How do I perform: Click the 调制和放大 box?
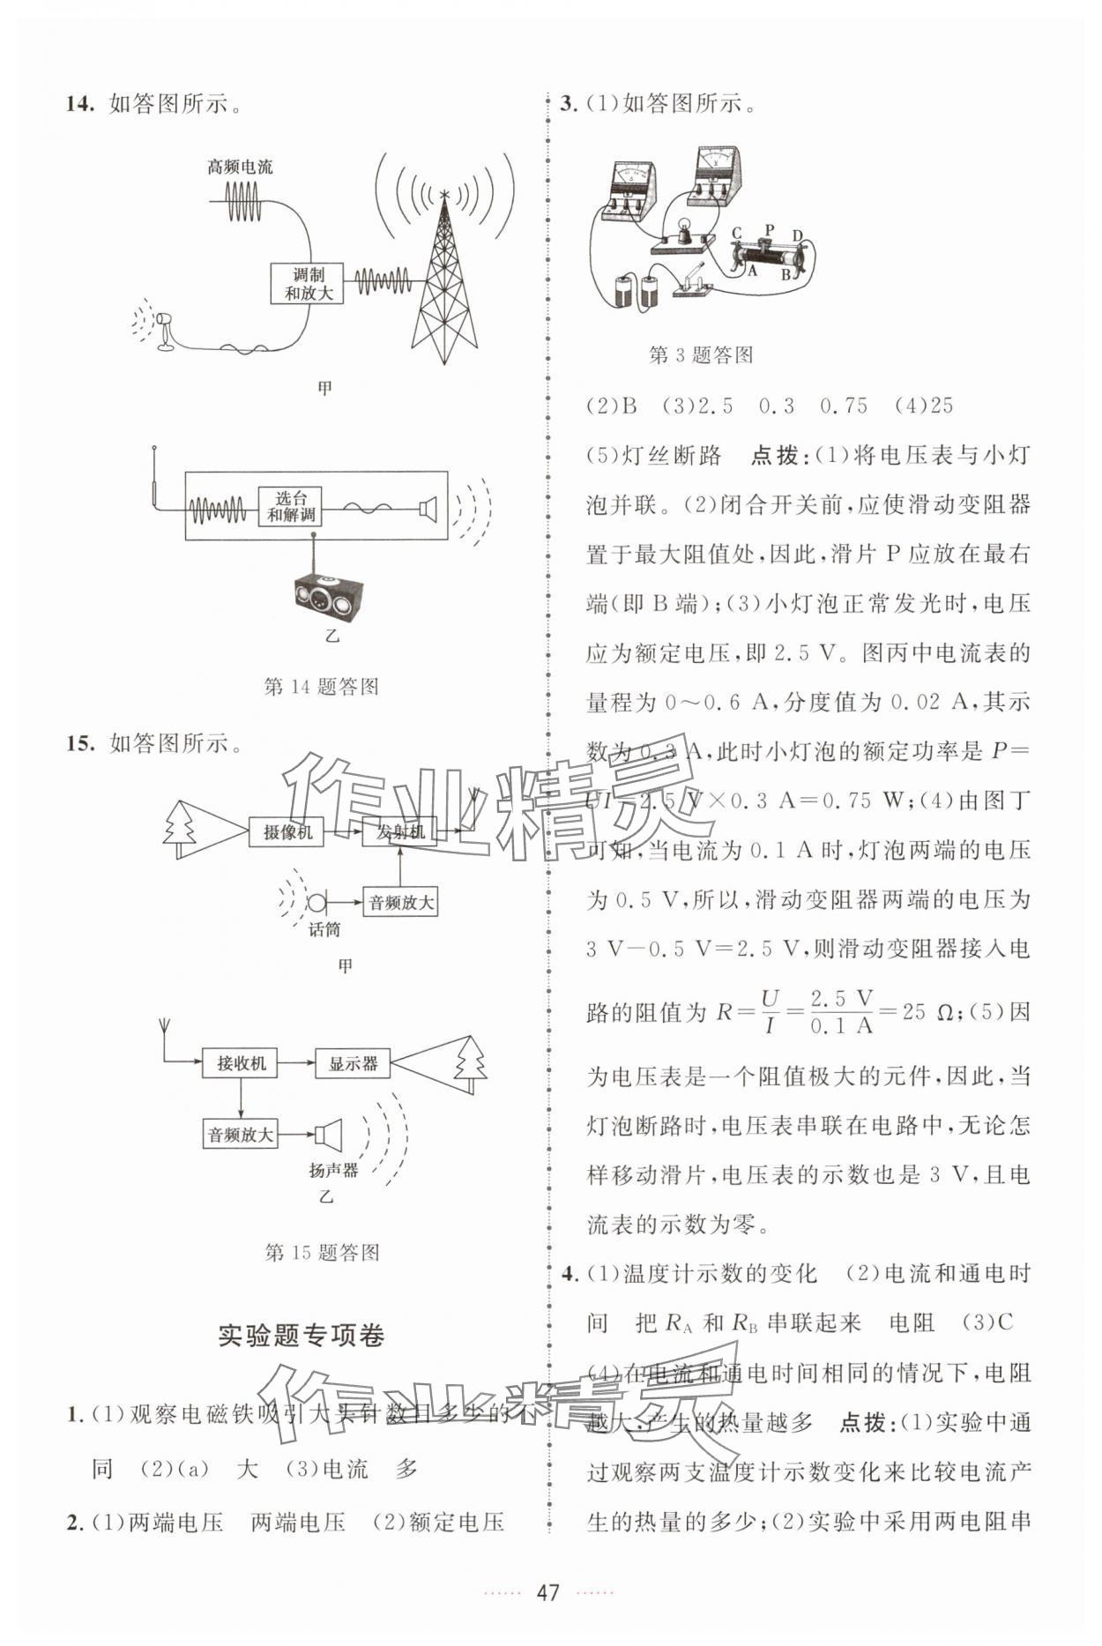click(x=307, y=284)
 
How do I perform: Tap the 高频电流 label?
click(x=240, y=167)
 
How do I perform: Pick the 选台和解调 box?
click(x=290, y=507)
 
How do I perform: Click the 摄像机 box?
click(x=287, y=831)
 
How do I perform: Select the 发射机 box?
click(x=400, y=831)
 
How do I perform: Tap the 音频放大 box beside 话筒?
click(x=401, y=903)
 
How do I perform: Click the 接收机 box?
click(x=241, y=1063)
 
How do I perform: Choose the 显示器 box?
click(x=353, y=1064)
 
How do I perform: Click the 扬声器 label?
click(x=333, y=1170)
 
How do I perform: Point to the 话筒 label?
click(x=324, y=929)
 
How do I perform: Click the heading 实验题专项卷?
click(x=302, y=1336)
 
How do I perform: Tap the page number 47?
click(x=548, y=1592)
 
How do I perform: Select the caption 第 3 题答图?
click(x=701, y=355)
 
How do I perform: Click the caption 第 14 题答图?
click(x=322, y=686)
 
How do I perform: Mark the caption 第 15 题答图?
click(x=322, y=1252)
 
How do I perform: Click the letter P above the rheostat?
click(x=769, y=231)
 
